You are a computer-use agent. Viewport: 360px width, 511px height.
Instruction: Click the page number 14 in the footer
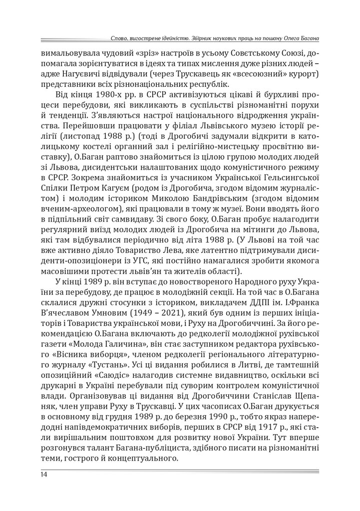point(44,475)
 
